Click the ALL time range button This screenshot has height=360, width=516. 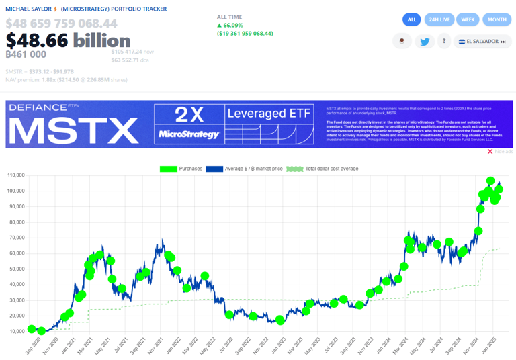coord(411,19)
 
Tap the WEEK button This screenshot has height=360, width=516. coord(468,19)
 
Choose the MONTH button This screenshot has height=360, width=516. coord(497,19)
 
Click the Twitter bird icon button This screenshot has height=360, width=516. coord(425,42)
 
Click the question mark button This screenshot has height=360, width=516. coord(444,42)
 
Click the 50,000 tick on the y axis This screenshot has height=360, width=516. coord(16,269)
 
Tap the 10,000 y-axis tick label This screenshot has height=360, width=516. coord(16,332)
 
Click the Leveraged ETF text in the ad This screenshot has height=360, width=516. coord(269,114)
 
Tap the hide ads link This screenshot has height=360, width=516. coord(500,152)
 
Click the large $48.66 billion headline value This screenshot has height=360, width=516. coord(68,40)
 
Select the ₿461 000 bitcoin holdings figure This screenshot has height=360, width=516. coord(26,55)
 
